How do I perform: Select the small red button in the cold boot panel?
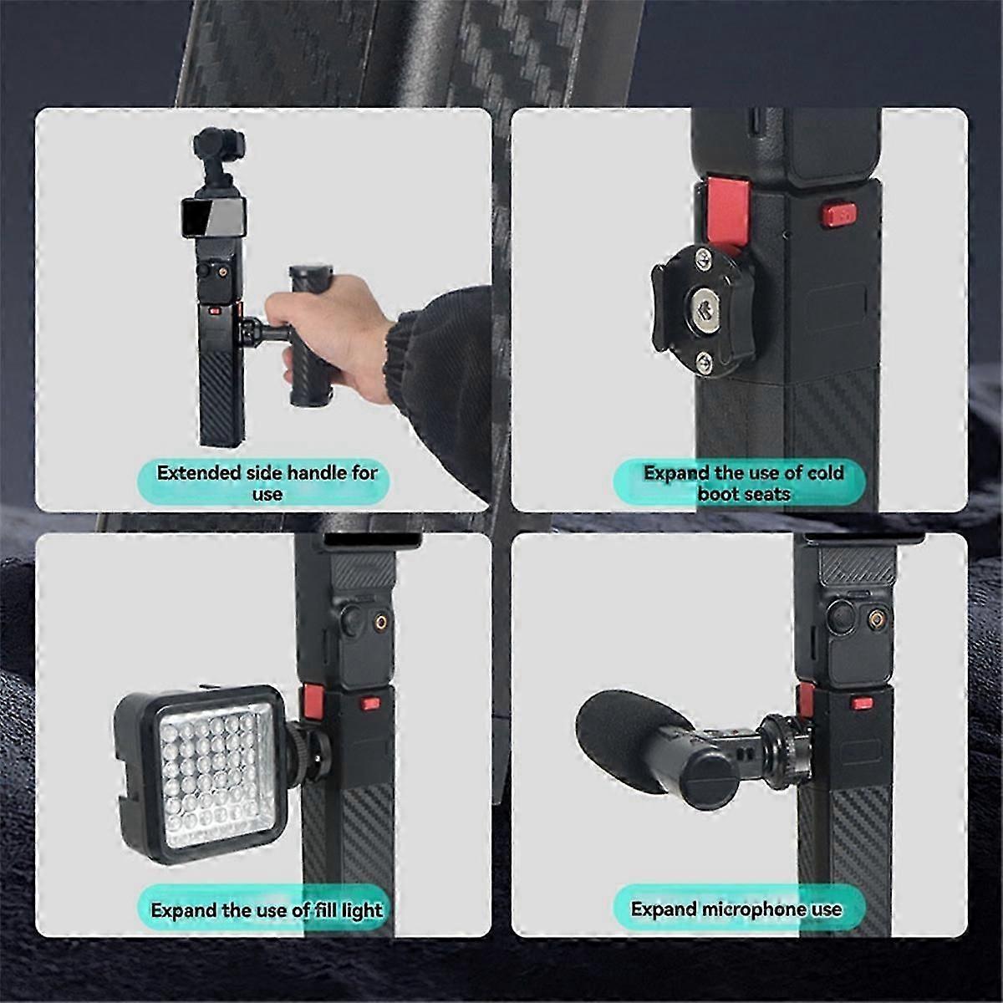pyautogui.click(x=838, y=215)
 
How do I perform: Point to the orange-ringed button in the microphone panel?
pyautogui.click(x=877, y=619)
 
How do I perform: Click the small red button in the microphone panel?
pyautogui.click(x=863, y=704)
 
